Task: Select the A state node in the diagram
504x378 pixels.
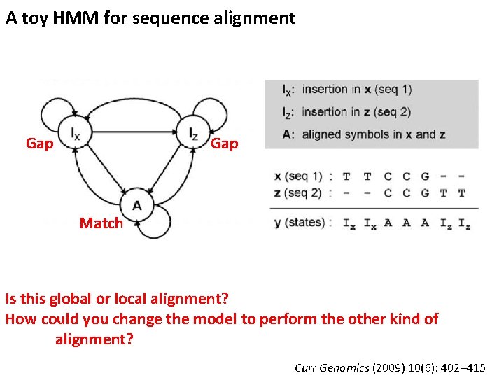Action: [x=136, y=206]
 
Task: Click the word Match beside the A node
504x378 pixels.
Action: [x=101, y=223]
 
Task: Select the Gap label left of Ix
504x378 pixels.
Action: [x=39, y=143]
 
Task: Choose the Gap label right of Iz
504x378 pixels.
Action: [x=225, y=143]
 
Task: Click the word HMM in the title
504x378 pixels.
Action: [x=77, y=18]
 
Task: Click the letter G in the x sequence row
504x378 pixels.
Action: [x=425, y=176]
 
